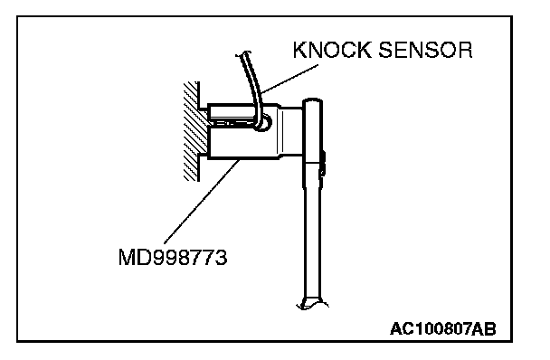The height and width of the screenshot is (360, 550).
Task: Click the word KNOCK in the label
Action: click(x=331, y=50)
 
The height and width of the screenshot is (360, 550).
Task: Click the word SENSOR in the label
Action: click(x=425, y=50)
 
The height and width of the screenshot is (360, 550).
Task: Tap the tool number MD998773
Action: click(x=173, y=257)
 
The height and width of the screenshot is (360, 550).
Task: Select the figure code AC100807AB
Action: click(x=443, y=328)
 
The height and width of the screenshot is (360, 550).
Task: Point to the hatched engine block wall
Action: click(x=191, y=131)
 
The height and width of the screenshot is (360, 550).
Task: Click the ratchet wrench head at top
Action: click(x=312, y=130)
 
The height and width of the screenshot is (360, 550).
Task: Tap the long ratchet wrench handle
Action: click(x=312, y=232)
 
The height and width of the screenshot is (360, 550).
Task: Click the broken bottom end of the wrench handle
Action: click(x=312, y=304)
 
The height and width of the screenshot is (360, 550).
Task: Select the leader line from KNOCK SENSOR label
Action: click(x=289, y=79)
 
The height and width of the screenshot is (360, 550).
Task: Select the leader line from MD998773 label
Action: click(x=202, y=202)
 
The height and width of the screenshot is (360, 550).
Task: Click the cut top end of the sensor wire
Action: click(x=243, y=53)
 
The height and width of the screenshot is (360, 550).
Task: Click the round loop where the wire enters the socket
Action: click(x=263, y=123)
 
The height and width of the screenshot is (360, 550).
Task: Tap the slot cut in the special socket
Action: click(x=232, y=123)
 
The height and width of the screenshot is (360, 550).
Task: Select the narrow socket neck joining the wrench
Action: click(x=291, y=131)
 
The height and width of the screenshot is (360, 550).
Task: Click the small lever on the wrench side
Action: click(x=322, y=163)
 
